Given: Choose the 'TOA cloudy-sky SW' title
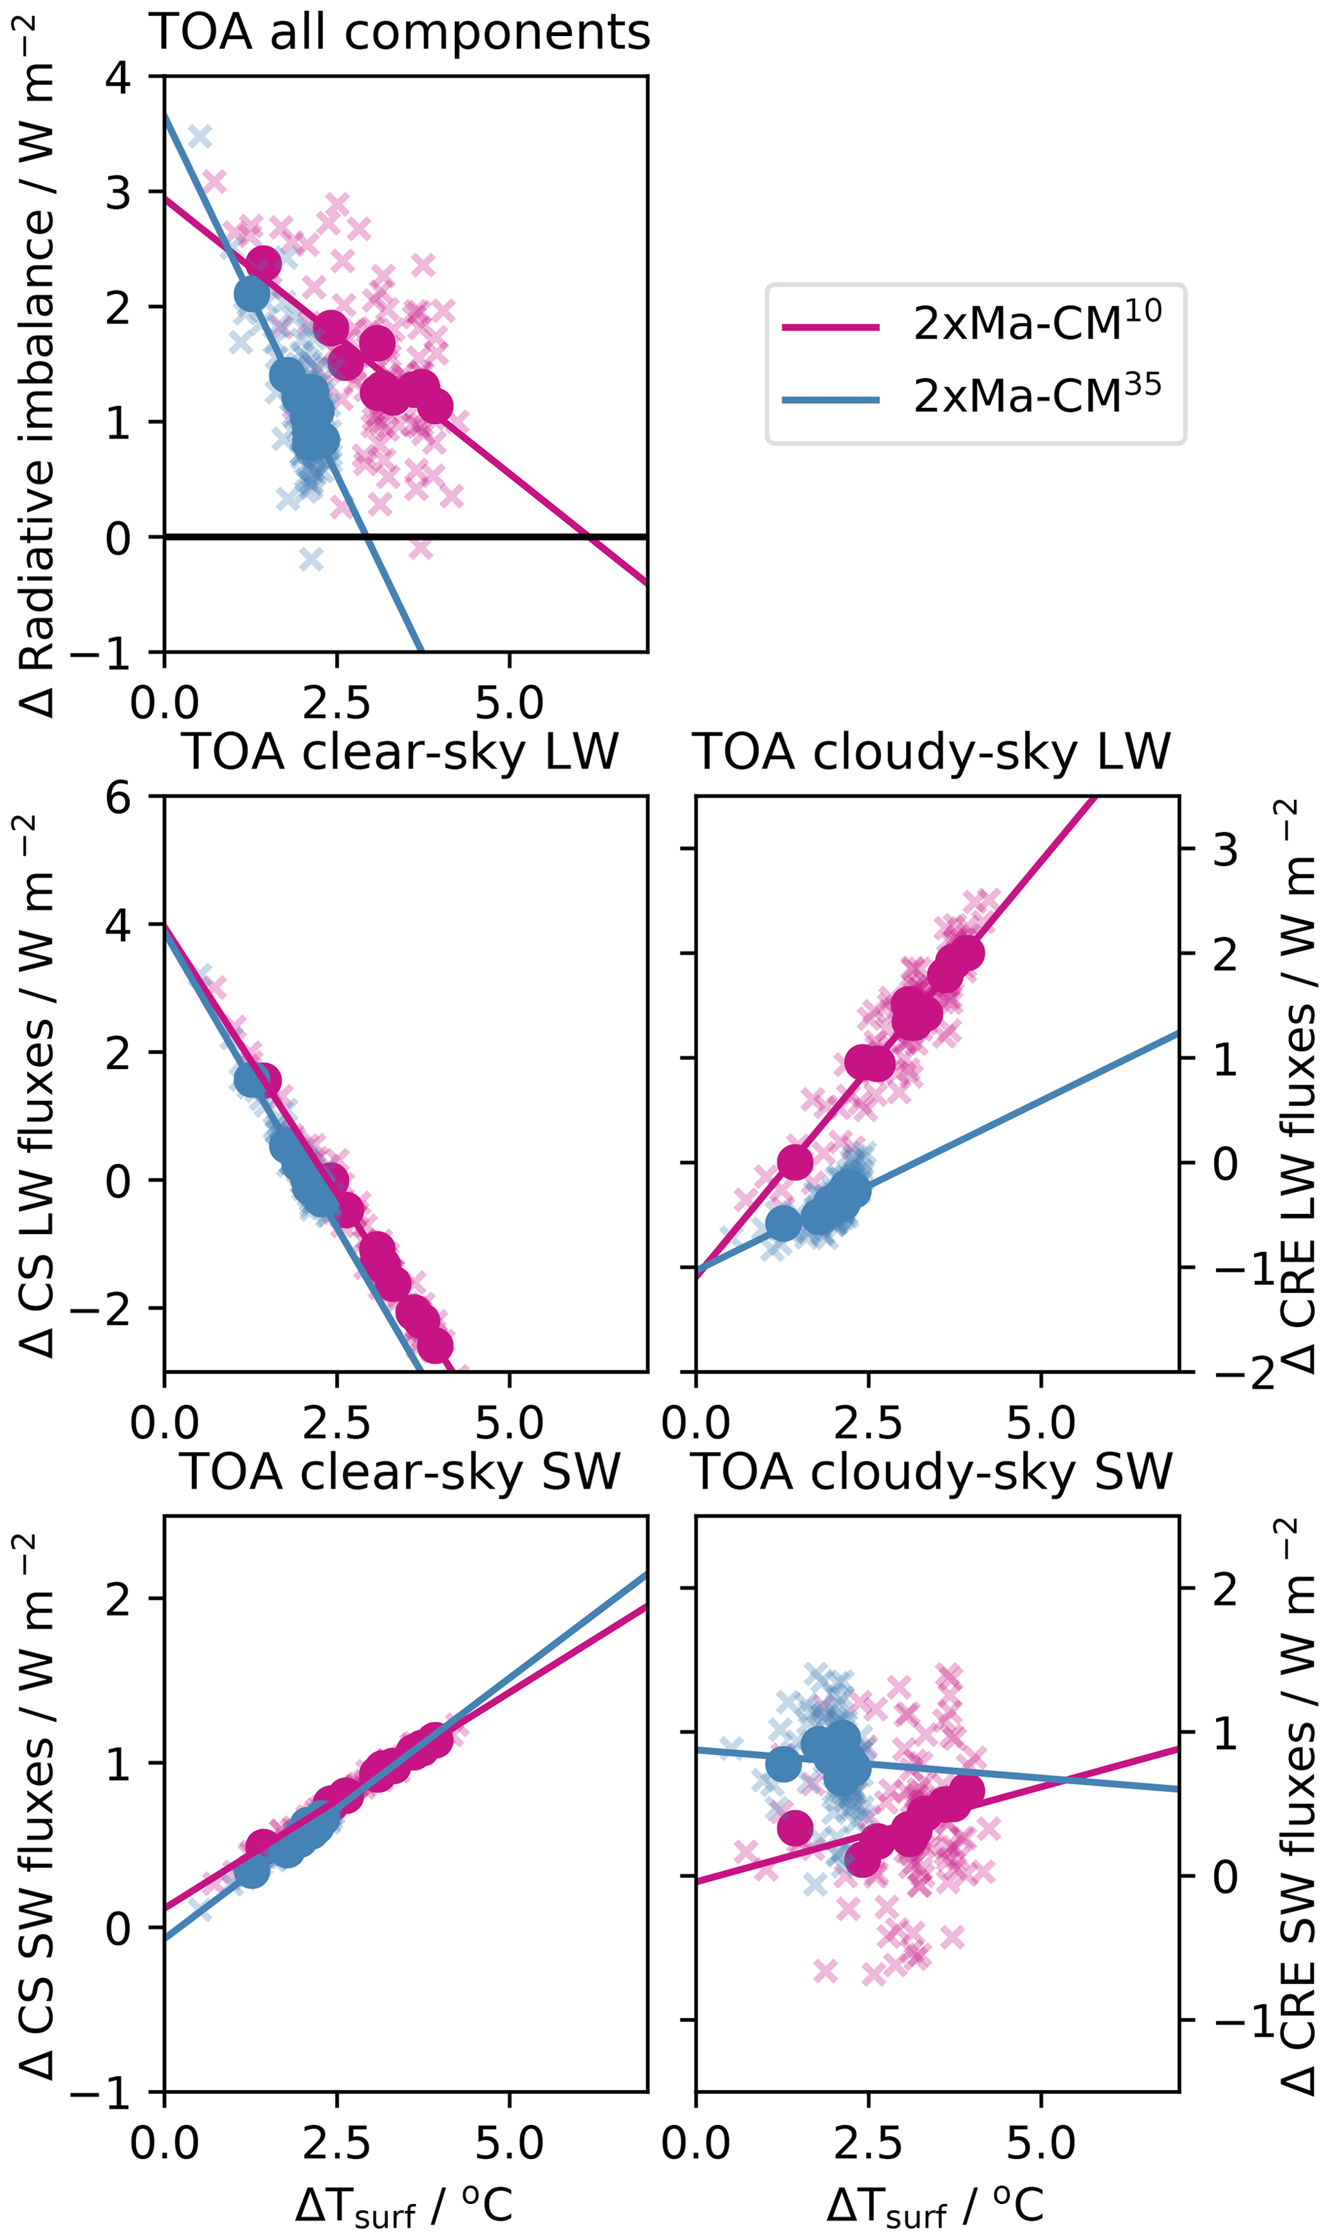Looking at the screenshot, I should (x=932, y=1471).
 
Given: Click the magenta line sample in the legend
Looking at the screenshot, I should (x=831, y=327).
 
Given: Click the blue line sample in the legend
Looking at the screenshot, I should (x=831, y=399).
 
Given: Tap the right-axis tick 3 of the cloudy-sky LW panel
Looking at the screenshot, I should (x=1226, y=849).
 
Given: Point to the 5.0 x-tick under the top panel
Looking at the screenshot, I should (x=509, y=703).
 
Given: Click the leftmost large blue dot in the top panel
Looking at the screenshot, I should (x=252, y=293).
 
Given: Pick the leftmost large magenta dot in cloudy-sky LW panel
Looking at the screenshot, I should (x=795, y=1163).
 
